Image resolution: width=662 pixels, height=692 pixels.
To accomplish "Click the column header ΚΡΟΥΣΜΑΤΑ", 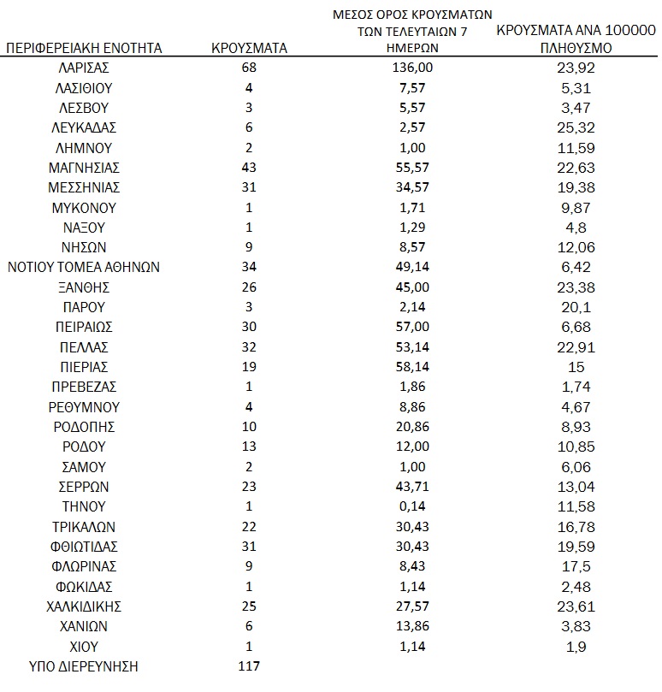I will pos(249,48).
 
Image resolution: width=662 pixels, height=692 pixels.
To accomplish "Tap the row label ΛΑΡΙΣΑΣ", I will pos(84,68).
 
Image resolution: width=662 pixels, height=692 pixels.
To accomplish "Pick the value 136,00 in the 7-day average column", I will pos(413,68).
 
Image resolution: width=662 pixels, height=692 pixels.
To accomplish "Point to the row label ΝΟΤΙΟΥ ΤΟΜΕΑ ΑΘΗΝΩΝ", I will pos(84,267).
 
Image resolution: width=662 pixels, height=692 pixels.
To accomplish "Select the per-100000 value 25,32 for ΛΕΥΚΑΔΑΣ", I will pos(576,127).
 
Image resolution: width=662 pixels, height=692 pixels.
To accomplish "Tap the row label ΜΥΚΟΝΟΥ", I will pos(84,207).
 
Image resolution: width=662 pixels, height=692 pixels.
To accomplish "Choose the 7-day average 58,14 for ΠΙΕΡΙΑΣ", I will pos(413,367).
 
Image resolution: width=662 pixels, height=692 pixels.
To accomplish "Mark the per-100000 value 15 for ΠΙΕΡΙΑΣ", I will pos(576,367).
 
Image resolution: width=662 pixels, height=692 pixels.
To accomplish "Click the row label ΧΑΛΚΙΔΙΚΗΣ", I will pos(84,606).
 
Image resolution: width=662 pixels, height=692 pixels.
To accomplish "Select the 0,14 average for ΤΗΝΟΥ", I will pos(413,506).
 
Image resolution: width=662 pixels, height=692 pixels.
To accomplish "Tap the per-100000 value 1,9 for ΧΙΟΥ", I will pos(576,646).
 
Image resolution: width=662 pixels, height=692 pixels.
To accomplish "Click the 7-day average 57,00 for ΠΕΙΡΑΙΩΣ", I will pos(413,327).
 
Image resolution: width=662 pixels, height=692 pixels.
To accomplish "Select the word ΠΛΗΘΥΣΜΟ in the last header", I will pos(576,49).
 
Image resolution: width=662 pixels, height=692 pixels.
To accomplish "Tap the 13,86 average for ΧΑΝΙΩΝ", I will pos(413,626).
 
